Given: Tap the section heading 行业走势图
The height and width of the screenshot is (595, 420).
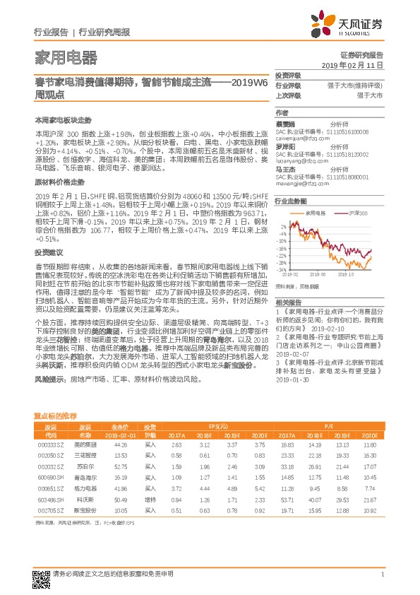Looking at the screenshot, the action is (286, 201).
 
